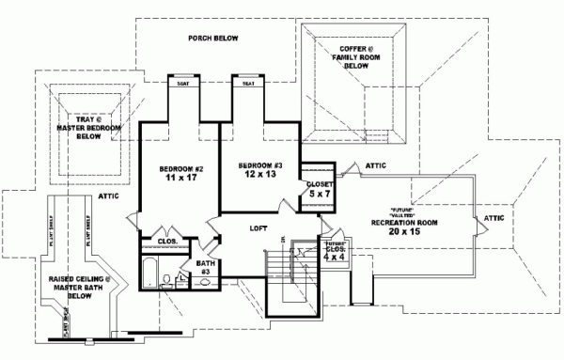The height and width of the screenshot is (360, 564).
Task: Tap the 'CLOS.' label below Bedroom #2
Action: (x=168, y=242)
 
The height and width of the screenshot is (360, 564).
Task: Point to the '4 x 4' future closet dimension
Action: (x=333, y=258)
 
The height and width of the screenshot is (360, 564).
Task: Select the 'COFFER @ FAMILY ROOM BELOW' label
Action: (x=354, y=57)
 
